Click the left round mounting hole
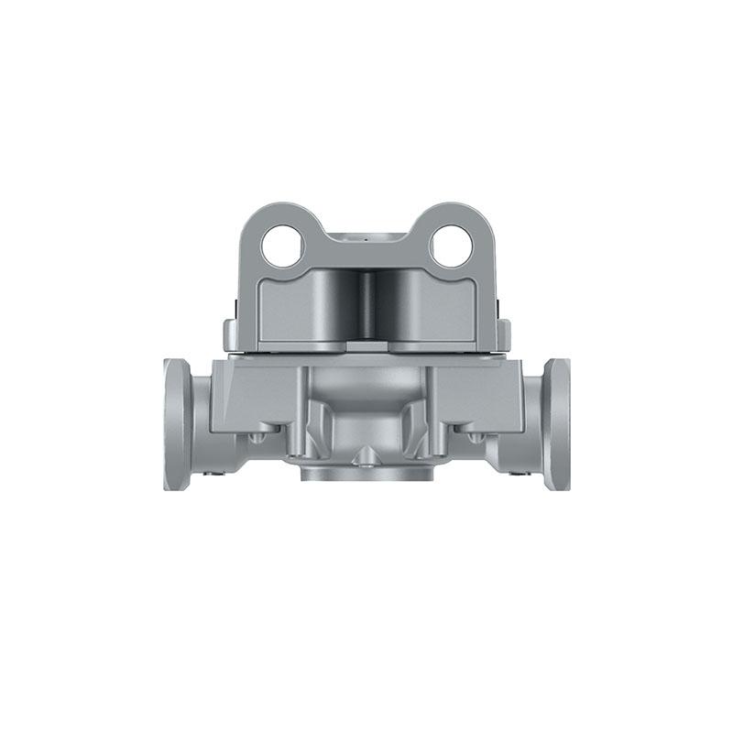coord(282,246)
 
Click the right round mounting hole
coord(451,246)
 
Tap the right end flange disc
coord(557,423)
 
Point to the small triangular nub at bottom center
coord(366,455)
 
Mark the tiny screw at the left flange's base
coord(212,474)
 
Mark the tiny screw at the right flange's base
coord(520,474)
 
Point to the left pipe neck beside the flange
coord(202,421)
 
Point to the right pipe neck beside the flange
coord(531,421)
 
